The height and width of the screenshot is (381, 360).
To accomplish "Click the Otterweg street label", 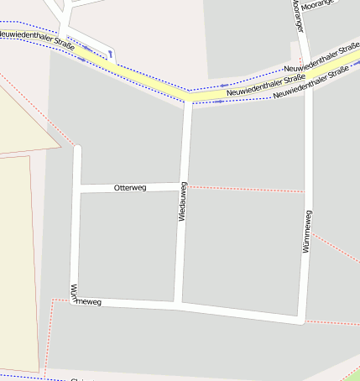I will click(130, 188).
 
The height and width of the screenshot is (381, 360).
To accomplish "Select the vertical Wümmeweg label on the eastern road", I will click(307, 232).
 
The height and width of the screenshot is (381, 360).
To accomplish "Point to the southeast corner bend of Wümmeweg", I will click(302, 321).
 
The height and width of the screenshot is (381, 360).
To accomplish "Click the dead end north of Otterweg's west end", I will click(78, 149).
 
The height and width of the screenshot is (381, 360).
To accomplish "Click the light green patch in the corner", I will click(352, 374).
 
